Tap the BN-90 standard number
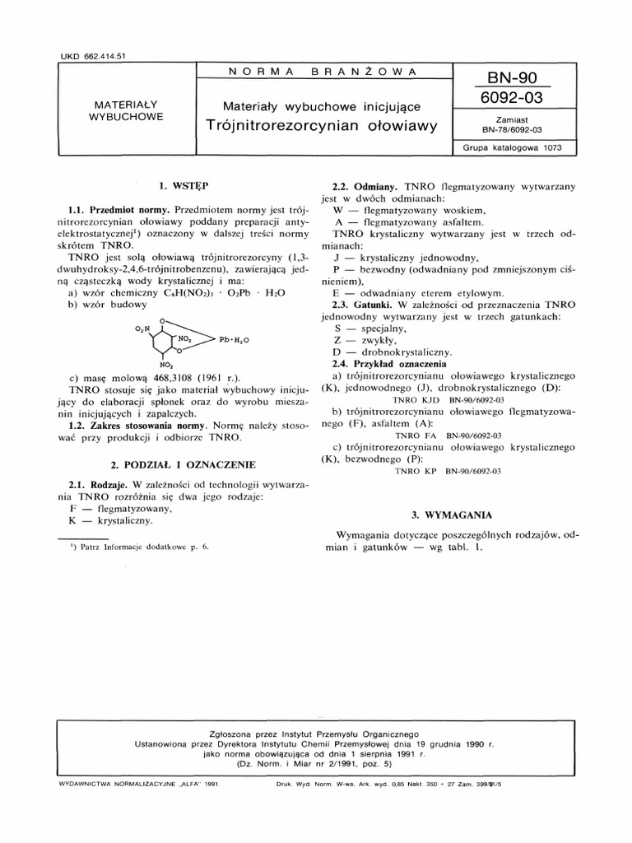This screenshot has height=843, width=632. point(511,78)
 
